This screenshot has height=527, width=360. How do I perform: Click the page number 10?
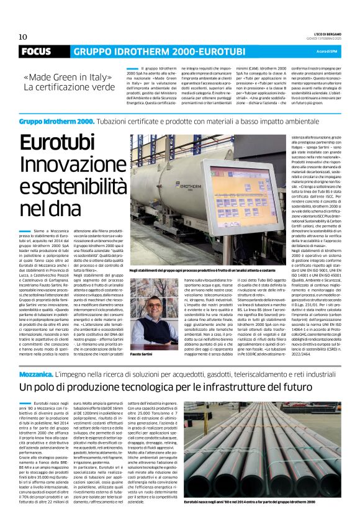23,37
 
